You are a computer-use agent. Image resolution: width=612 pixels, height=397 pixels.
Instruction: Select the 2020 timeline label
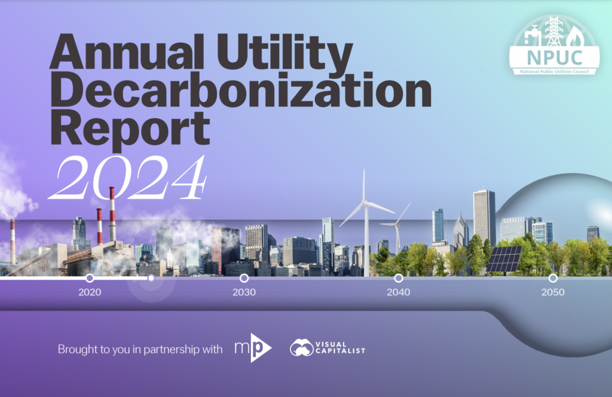[90, 293]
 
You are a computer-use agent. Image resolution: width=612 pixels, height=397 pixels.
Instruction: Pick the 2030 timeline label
[244, 293]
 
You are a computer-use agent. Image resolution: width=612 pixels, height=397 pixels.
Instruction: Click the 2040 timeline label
[398, 293]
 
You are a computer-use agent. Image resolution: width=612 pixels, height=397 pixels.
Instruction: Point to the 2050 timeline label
[553, 293]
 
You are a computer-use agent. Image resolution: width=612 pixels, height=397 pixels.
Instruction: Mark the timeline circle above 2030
[244, 278]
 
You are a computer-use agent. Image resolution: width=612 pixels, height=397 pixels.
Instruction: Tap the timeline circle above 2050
[553, 278]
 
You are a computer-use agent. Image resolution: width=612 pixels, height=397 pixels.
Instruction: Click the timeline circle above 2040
[398, 278]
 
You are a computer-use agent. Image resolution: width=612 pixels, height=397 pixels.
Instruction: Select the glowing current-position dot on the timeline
[151, 278]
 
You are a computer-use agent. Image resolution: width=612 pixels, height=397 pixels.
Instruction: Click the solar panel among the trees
[504, 259]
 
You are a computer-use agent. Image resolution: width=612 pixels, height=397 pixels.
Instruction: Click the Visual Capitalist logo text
[340, 348]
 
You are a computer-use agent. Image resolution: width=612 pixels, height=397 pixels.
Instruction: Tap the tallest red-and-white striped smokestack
[112, 214]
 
